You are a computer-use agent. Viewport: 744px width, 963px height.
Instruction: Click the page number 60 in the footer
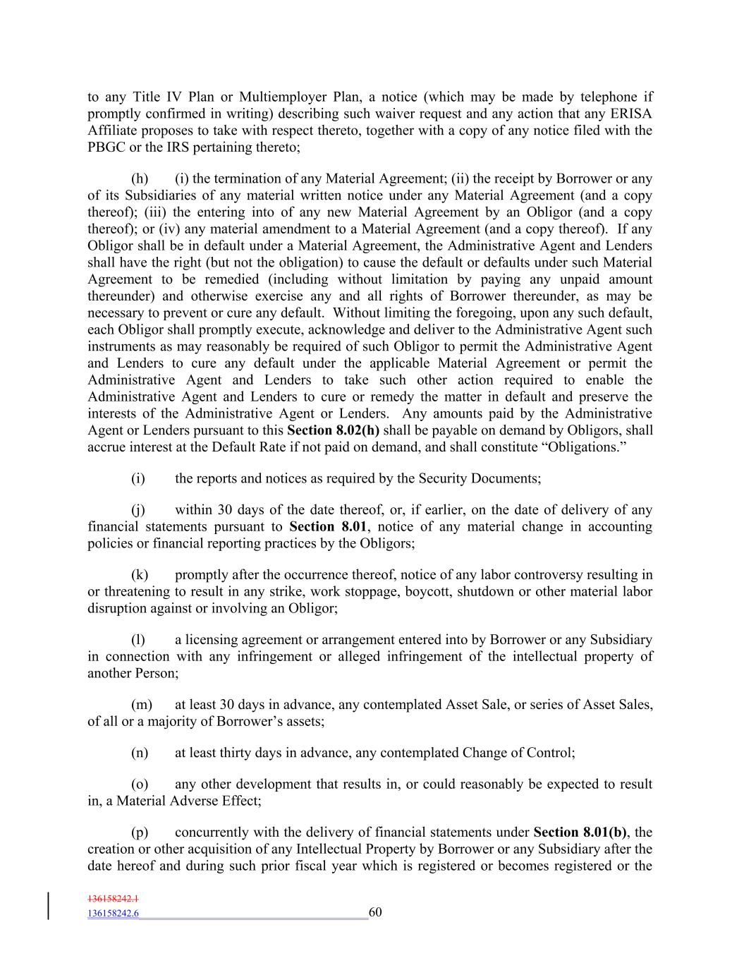(375, 912)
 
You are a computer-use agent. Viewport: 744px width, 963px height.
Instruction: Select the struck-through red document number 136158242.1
(113, 899)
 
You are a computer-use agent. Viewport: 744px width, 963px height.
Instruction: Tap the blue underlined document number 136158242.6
(113, 914)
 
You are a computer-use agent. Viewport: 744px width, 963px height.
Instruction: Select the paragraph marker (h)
(140, 178)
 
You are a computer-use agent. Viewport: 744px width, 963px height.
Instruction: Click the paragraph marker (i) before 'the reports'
(138, 478)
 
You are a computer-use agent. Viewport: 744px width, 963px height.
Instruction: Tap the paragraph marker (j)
(138, 510)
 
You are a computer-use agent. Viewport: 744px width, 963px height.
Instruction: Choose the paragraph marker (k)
(140, 575)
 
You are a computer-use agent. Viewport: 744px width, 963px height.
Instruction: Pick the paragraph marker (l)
(138, 640)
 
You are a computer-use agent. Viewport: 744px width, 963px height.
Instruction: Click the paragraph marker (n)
(140, 753)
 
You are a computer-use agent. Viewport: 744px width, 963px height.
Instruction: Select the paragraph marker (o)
(140, 785)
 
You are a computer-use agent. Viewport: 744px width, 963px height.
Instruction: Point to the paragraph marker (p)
(140, 832)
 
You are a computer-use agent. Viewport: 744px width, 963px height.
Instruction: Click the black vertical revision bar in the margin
(49, 906)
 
